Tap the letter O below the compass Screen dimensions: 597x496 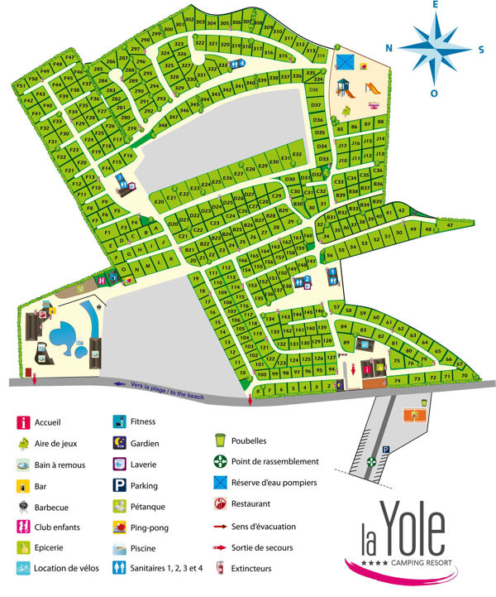433,93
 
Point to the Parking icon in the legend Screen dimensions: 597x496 121,485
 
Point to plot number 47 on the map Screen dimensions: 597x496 450,224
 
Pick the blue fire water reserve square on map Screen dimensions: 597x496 346,62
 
